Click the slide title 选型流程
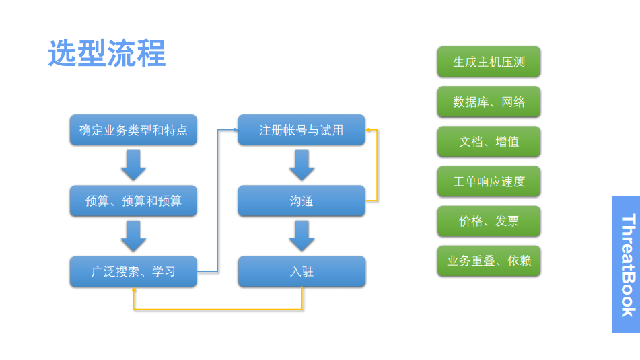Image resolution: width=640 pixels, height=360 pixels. pos(107,53)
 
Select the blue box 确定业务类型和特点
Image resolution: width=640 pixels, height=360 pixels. pos(133,130)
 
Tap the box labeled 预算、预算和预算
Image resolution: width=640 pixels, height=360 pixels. pos(133,201)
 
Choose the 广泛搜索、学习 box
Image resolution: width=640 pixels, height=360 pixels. pos(133,271)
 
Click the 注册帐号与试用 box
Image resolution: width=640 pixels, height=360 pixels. pos(301,130)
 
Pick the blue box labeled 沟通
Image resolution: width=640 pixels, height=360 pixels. pos(301,201)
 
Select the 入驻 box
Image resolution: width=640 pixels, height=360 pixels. pos(301,271)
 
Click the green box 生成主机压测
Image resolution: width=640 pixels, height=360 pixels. pos(489,62)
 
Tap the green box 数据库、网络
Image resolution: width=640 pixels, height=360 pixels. pos(489,102)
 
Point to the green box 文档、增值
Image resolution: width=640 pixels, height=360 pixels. pos(489,141)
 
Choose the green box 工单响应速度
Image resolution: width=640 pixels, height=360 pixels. pos(489,181)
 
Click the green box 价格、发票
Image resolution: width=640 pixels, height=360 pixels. pos(489,221)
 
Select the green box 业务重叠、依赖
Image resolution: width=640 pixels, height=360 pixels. pos(489,261)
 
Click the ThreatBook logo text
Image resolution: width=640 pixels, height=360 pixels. pos(628,265)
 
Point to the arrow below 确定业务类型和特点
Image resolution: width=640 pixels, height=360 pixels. pos(133,165)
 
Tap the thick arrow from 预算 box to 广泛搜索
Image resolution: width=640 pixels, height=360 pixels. pos(133,236)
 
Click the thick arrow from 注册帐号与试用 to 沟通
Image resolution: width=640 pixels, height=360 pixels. pos(301,165)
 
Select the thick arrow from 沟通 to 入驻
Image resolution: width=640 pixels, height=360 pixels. pos(301,236)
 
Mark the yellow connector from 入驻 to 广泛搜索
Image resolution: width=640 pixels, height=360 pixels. pos(217,310)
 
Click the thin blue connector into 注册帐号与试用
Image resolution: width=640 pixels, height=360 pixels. pos(217,200)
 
